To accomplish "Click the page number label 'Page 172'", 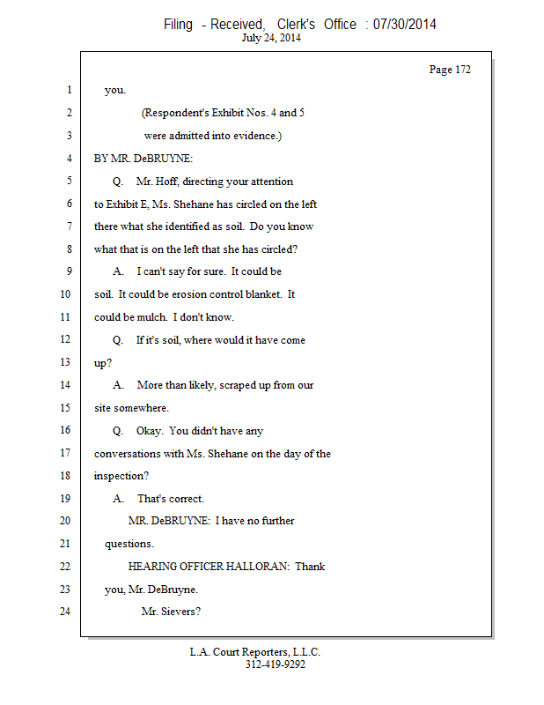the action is [450, 70].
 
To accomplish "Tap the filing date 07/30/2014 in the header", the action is [404, 25].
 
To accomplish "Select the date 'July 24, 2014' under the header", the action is [271, 38].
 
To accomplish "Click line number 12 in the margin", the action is [65, 339].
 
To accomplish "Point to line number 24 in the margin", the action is [65, 611].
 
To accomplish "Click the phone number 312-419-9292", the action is [276, 664].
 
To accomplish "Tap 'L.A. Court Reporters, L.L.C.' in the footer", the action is [254, 652].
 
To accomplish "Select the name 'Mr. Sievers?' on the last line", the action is [171, 612].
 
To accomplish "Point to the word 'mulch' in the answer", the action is [152, 317].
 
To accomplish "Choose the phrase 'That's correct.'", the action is [171, 499].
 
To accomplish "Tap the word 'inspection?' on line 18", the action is [121, 476].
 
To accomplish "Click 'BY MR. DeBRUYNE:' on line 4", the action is [143, 159].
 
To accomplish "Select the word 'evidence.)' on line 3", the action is [257, 136].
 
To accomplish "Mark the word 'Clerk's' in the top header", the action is [296, 25].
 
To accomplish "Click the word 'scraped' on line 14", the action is [238, 385].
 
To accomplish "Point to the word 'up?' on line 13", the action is [103, 363].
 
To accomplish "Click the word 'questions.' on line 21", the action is [129, 544].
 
